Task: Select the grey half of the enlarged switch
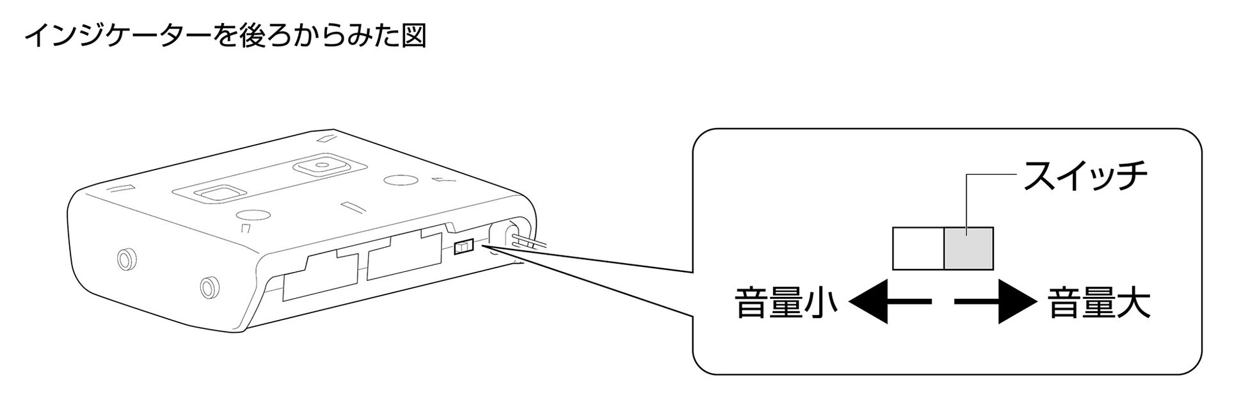coord(968,248)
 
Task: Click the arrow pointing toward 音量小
coord(890,301)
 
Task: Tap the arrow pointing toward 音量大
coord(996,301)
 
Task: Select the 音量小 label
coord(786,303)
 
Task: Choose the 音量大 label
coord(1100,303)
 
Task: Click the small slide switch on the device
coord(463,247)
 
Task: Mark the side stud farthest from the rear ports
coord(126,258)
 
